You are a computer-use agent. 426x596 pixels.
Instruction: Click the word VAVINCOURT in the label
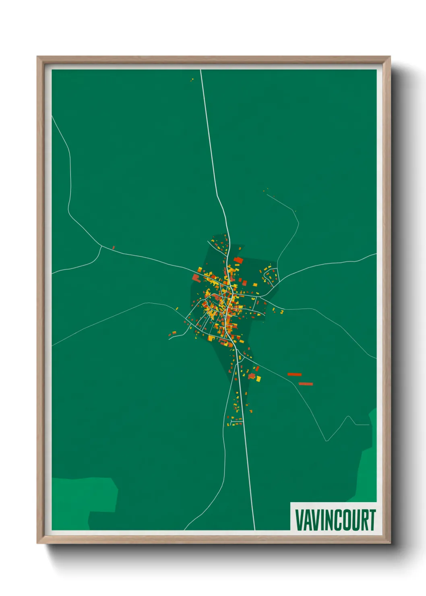[x=335, y=520]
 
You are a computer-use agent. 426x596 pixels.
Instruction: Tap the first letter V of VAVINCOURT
[x=300, y=520]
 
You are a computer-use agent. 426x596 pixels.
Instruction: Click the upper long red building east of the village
[x=294, y=375]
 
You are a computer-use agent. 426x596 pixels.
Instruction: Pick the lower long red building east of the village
[x=306, y=384]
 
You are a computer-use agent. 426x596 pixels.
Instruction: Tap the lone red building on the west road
[x=114, y=247]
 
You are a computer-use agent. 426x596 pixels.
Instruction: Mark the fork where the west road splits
[x=101, y=246]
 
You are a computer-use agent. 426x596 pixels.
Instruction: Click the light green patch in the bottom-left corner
[x=81, y=499]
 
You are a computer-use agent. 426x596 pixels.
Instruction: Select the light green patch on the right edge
[x=368, y=463]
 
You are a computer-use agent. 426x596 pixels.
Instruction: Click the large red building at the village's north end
[x=238, y=260]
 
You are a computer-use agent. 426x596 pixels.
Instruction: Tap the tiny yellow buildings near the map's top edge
[x=192, y=80]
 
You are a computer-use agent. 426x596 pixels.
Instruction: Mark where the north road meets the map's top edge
[x=201, y=70]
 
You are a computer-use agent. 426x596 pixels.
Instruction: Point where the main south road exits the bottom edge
[x=254, y=529]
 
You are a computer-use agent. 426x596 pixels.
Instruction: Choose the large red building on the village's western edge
[x=196, y=277]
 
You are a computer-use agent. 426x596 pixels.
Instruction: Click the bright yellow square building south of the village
[x=258, y=379]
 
